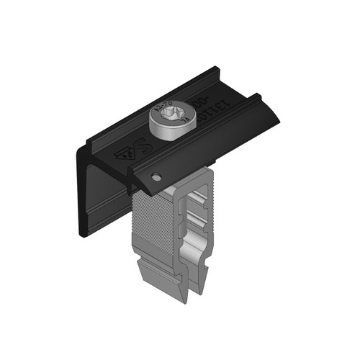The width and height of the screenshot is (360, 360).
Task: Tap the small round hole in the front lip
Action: coord(155,176)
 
